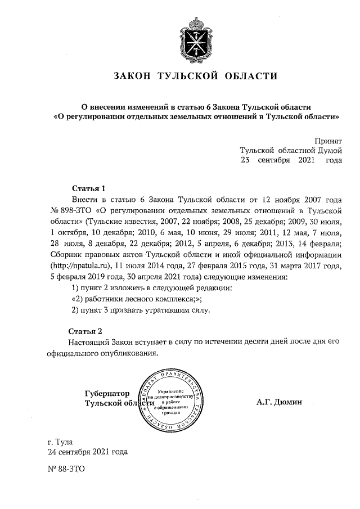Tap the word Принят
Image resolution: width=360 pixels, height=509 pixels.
click(x=328, y=140)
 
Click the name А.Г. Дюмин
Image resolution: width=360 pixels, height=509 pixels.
click(x=279, y=402)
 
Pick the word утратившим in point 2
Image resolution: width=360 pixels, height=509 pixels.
click(x=168, y=310)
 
